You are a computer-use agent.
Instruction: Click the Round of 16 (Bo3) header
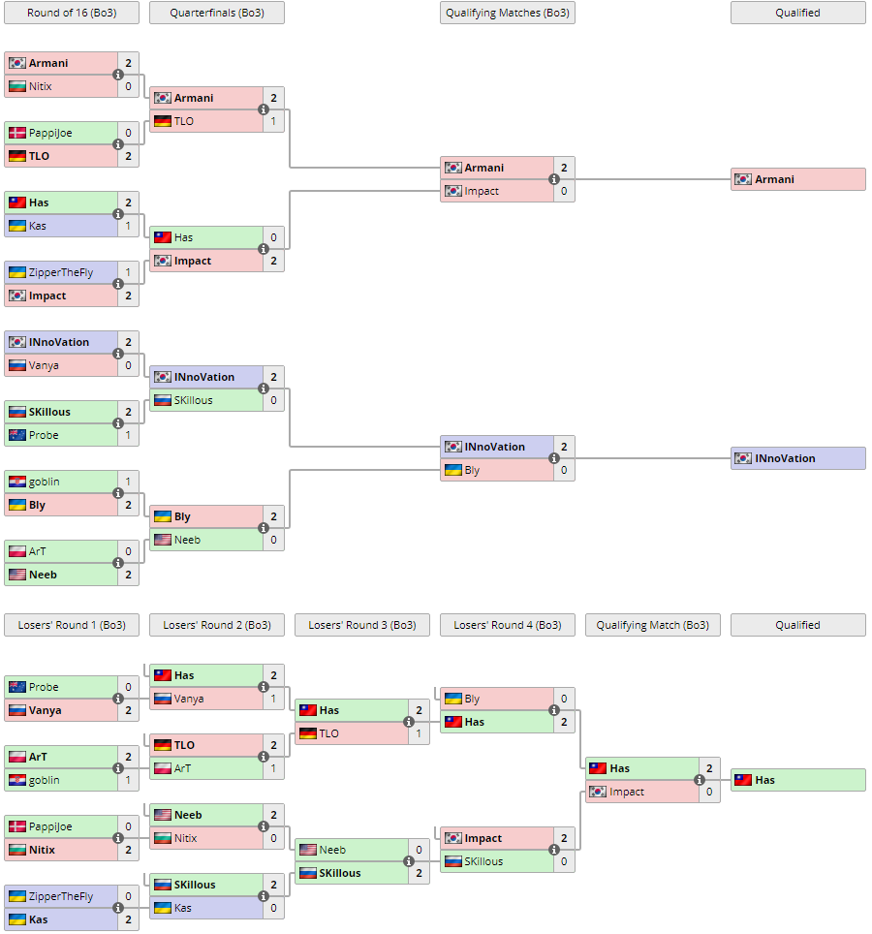tap(71, 13)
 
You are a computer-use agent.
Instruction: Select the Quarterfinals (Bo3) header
tap(216, 13)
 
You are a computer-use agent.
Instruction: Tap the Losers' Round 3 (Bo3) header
tap(361, 625)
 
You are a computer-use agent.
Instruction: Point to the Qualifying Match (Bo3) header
tap(652, 625)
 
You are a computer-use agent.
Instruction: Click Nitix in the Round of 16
tap(41, 86)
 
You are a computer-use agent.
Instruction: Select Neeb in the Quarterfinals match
tap(188, 540)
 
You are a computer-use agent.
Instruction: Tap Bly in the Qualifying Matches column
tap(472, 470)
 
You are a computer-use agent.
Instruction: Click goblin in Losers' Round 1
tap(44, 780)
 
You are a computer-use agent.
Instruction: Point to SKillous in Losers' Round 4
tap(483, 861)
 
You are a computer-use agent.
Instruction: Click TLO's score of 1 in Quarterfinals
tap(273, 121)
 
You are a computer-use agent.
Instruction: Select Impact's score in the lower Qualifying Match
tap(709, 792)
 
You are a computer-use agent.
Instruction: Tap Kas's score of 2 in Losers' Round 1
tap(128, 919)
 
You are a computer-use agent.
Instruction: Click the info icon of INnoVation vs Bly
tap(554, 458)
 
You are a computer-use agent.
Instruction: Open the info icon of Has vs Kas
tap(118, 214)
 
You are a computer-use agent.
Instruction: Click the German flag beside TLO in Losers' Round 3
tap(308, 733)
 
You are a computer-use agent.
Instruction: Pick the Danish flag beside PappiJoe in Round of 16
tap(17, 133)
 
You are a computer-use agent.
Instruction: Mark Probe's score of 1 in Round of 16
tap(128, 435)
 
